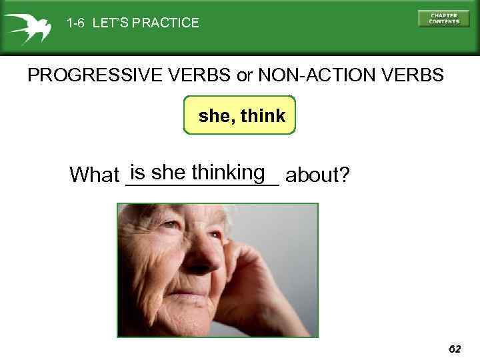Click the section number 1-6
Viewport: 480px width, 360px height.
[x=76, y=23]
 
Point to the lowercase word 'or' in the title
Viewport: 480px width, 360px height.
[x=245, y=75]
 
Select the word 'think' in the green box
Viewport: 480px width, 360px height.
[x=263, y=116]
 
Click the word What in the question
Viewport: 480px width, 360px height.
[x=94, y=175]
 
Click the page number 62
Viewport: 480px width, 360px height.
[x=455, y=349]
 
